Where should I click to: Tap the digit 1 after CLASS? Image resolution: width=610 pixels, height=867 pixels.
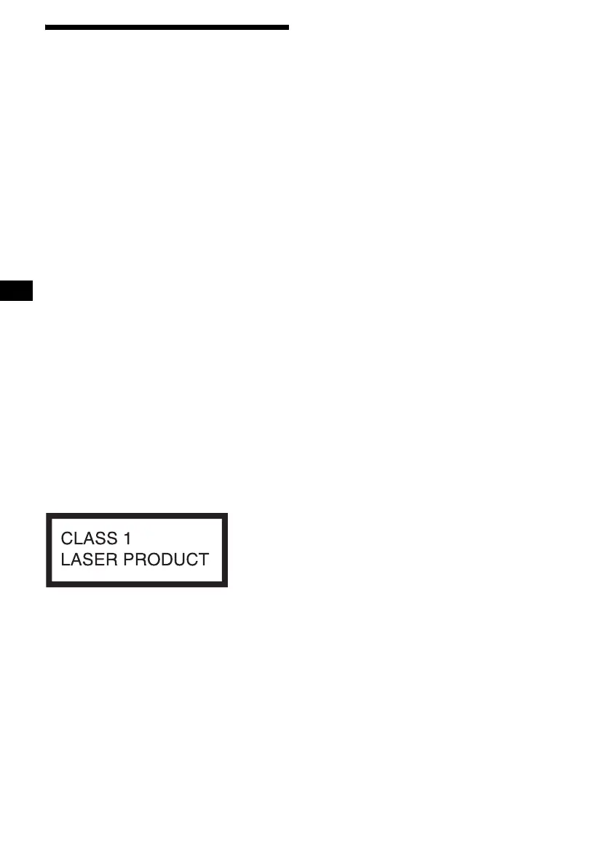coord(127,539)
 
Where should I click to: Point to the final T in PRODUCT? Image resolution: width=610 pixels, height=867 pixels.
coord(204,560)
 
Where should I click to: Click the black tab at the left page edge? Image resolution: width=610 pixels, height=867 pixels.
coord(17,291)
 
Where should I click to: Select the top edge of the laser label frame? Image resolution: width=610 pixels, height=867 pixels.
coord(137,516)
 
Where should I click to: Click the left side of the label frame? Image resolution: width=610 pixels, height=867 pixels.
coord(49,550)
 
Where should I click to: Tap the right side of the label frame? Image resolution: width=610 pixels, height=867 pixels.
coord(226,550)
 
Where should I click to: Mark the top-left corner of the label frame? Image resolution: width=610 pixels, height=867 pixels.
coord(49,516)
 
